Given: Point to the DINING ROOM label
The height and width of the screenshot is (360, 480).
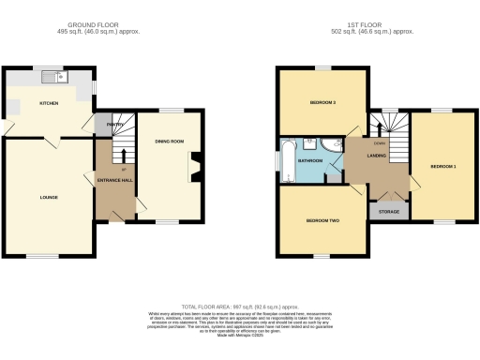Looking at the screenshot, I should coord(168,142).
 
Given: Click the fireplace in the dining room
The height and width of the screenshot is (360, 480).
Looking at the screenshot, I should coord(194,171).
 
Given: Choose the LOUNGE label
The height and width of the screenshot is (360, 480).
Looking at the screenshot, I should coord(49,198).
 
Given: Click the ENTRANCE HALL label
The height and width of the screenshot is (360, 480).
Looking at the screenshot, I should coord(115,179).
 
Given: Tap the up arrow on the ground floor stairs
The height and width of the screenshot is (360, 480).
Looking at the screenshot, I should coord(124,152).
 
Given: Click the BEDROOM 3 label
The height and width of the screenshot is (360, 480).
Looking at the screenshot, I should coord(322,101).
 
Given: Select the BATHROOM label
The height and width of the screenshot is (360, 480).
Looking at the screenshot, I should coord(310,160).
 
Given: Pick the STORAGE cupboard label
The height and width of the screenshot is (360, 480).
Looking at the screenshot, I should coord(389,212).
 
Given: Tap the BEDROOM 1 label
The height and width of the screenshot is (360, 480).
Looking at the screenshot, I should coord(442,166).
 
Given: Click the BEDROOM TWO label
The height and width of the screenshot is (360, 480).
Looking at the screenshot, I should coord(322,221).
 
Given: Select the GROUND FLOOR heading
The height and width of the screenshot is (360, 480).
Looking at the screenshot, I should coord(100,25).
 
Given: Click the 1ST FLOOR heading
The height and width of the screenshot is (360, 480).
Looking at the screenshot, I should coord(378,25).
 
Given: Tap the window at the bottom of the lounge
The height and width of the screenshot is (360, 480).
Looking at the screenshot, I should coord(41,255).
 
